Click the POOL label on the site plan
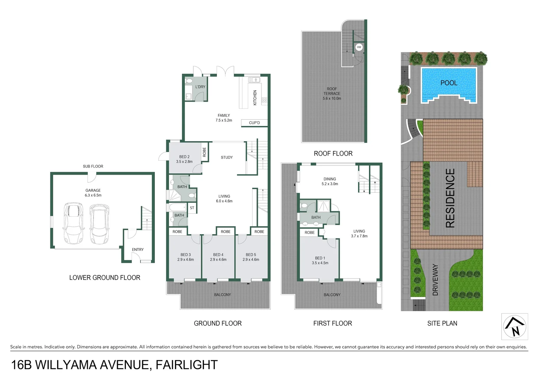pyautogui.click(x=449, y=83)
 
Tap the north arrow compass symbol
pyautogui.click(x=514, y=326)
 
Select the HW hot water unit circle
pyautogui.click(x=359, y=47)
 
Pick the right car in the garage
pyautogui.click(x=99, y=224)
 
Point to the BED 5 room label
pyautogui.click(x=251, y=255)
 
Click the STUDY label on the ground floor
pyautogui.click(x=227, y=158)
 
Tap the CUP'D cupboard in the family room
pyautogui.click(x=254, y=123)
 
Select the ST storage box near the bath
pyautogui.click(x=192, y=208)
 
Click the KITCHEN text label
pyautogui.click(x=255, y=97)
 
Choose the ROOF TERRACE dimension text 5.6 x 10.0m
pyautogui.click(x=332, y=99)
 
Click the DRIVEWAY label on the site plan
pyautogui.click(x=435, y=280)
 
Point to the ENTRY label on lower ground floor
pyautogui.click(x=138, y=250)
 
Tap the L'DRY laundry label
pyautogui.click(x=200, y=87)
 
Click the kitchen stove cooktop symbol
pyautogui.click(x=264, y=101)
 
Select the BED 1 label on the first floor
pyautogui.click(x=320, y=258)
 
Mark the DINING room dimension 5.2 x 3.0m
pyautogui.click(x=329, y=184)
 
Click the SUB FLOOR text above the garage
pyautogui.click(x=93, y=167)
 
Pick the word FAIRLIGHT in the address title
pyautogui.click(x=187, y=365)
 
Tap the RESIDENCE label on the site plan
pyautogui.click(x=450, y=198)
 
